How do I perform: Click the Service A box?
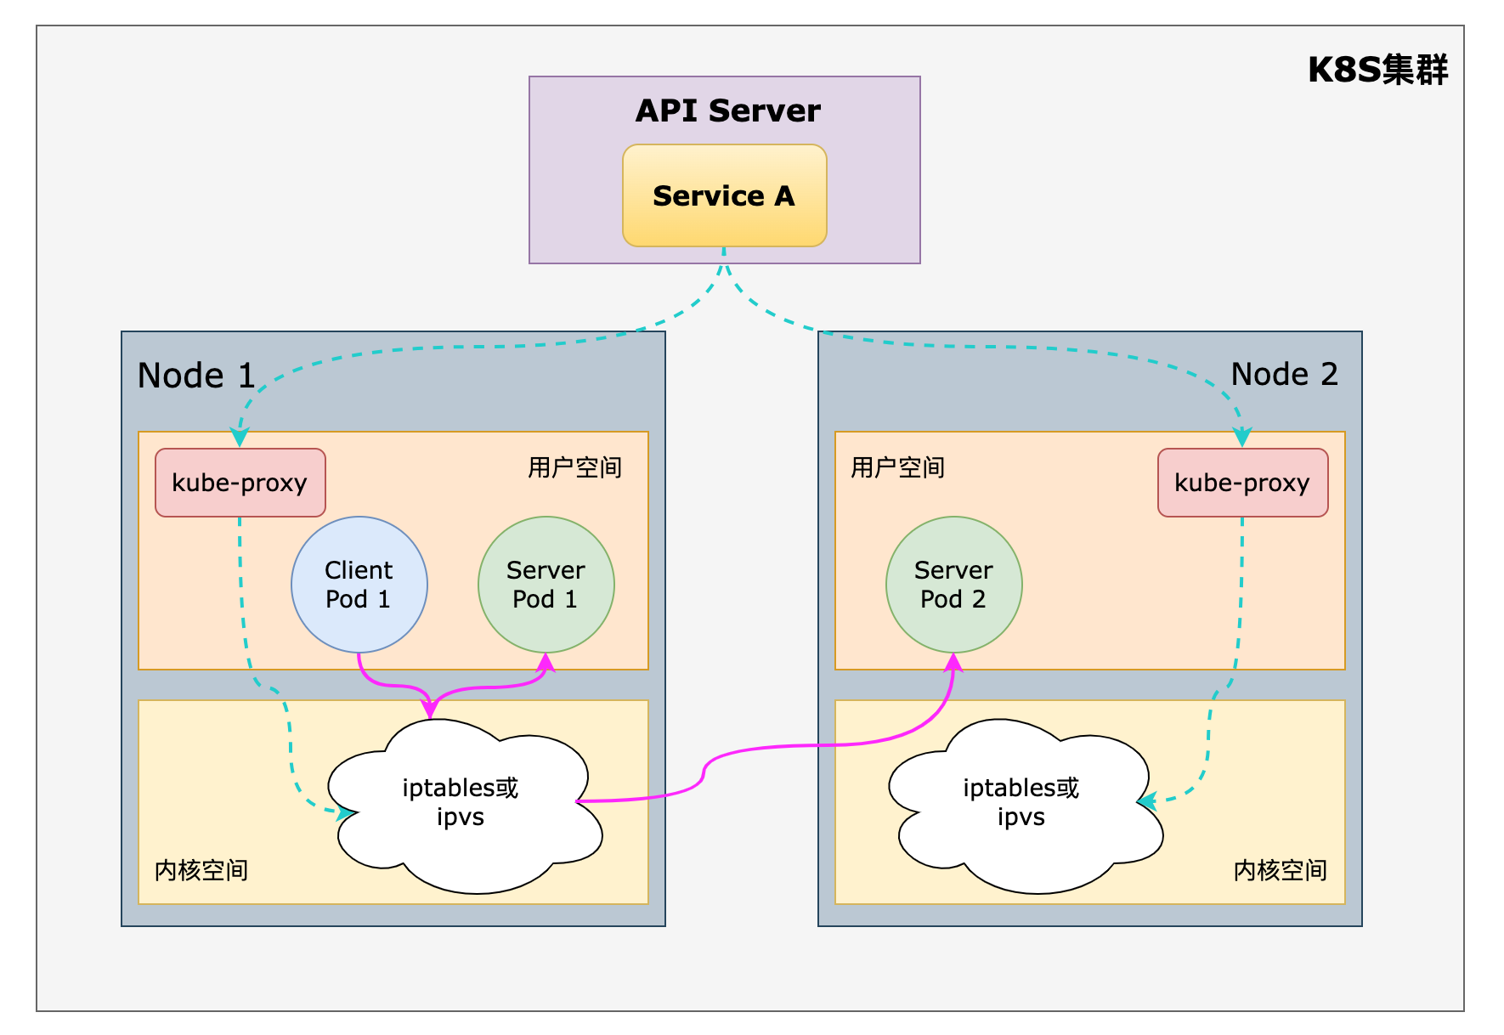724,196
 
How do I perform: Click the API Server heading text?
727,110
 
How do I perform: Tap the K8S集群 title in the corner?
1377,70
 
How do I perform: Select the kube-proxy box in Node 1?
240,483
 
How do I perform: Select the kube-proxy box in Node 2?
1241,483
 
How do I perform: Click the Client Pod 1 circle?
359,585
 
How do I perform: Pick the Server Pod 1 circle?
546,585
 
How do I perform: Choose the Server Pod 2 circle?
953,585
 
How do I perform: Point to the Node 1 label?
196,376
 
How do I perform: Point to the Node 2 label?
1284,374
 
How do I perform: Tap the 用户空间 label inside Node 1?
574,467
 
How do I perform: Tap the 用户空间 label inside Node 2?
897,467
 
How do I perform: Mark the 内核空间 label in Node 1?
201,870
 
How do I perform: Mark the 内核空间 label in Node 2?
1280,870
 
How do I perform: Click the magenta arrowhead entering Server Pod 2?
953,663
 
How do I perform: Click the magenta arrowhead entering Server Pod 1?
546,663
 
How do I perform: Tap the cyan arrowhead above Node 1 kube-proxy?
240,438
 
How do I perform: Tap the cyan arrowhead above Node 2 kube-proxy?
1241,438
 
